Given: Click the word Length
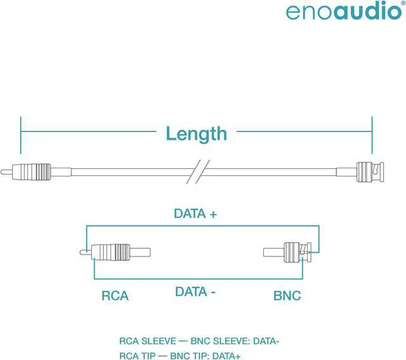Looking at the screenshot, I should click(x=196, y=133).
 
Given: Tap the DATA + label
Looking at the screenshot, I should click(x=195, y=214).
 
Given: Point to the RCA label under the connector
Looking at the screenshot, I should click(x=115, y=295).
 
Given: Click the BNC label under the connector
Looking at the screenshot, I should click(x=287, y=295).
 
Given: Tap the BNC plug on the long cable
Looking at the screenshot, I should click(x=368, y=170).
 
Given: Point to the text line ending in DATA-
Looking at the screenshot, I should click(x=199, y=341).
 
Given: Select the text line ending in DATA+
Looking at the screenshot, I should click(x=180, y=356).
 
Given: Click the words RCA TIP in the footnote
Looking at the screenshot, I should click(x=137, y=356).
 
